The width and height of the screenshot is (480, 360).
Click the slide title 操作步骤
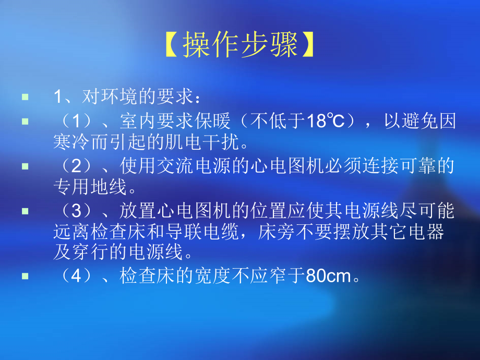click(x=240, y=45)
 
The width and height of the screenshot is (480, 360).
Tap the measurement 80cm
click(x=329, y=275)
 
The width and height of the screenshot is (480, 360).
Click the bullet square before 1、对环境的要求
click(x=26, y=97)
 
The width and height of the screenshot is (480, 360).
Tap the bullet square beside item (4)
click(x=26, y=275)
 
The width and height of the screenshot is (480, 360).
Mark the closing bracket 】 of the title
click(x=308, y=45)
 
